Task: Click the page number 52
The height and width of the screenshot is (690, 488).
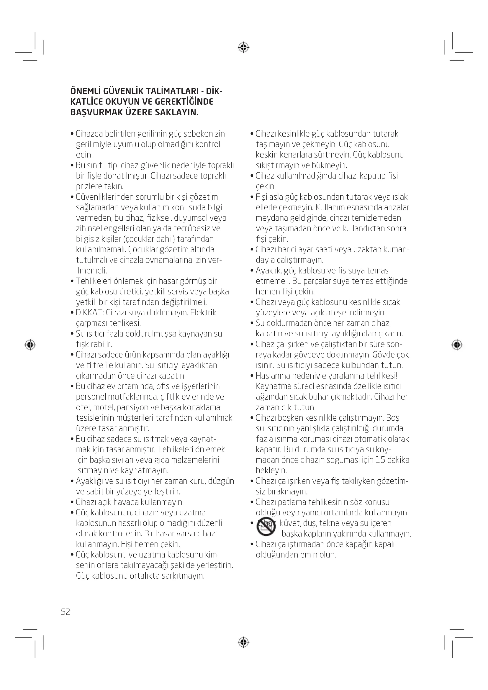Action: coord(65,612)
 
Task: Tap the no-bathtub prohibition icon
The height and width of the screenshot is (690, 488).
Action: coord(266,527)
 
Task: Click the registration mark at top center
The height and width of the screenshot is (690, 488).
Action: coord(243,47)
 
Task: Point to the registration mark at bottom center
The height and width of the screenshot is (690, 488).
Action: coord(243,642)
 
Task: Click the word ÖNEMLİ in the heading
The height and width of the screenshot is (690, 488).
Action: coord(85,91)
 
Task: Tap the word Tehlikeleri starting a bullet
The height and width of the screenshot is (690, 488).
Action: coord(94,281)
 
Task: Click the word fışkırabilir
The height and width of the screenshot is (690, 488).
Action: coord(94,344)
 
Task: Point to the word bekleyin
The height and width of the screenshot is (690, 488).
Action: coord(271,470)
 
